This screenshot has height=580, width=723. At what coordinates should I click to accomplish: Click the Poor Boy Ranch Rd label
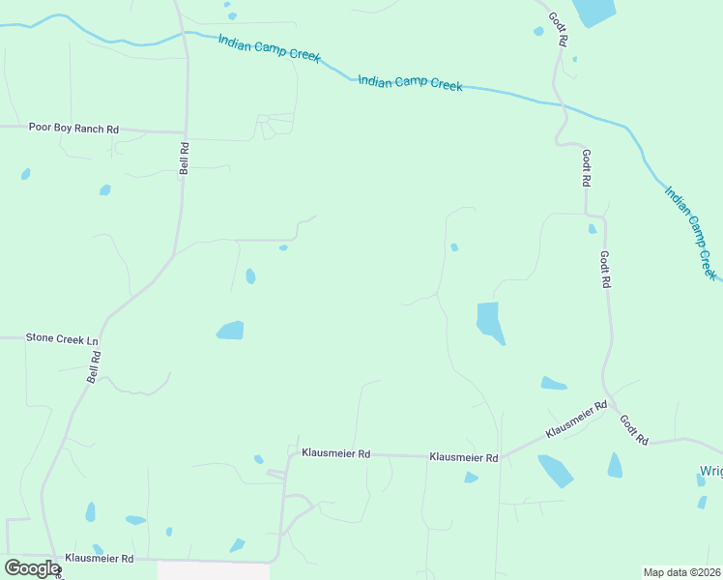click(73, 128)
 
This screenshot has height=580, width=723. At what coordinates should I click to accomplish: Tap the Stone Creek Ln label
click(64, 340)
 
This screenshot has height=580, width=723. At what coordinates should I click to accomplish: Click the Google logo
click(31, 568)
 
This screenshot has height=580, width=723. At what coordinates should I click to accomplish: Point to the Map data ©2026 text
click(682, 572)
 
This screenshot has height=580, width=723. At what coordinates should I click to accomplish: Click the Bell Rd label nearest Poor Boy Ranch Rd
click(184, 158)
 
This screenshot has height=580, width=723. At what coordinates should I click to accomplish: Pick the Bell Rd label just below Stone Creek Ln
click(94, 367)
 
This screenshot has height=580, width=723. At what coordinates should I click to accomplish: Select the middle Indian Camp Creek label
click(410, 82)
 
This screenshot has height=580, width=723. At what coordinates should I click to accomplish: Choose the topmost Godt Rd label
click(557, 30)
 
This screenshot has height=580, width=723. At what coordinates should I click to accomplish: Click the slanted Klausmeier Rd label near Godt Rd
click(576, 418)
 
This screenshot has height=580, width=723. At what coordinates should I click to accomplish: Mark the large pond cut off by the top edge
click(593, 12)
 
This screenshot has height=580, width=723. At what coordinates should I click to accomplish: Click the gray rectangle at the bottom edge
click(214, 570)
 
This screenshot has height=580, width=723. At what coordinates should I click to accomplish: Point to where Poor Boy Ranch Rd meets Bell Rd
click(185, 131)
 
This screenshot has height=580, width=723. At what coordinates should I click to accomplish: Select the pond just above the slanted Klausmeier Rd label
click(553, 384)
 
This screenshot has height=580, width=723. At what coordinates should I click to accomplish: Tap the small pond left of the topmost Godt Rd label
click(538, 31)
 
